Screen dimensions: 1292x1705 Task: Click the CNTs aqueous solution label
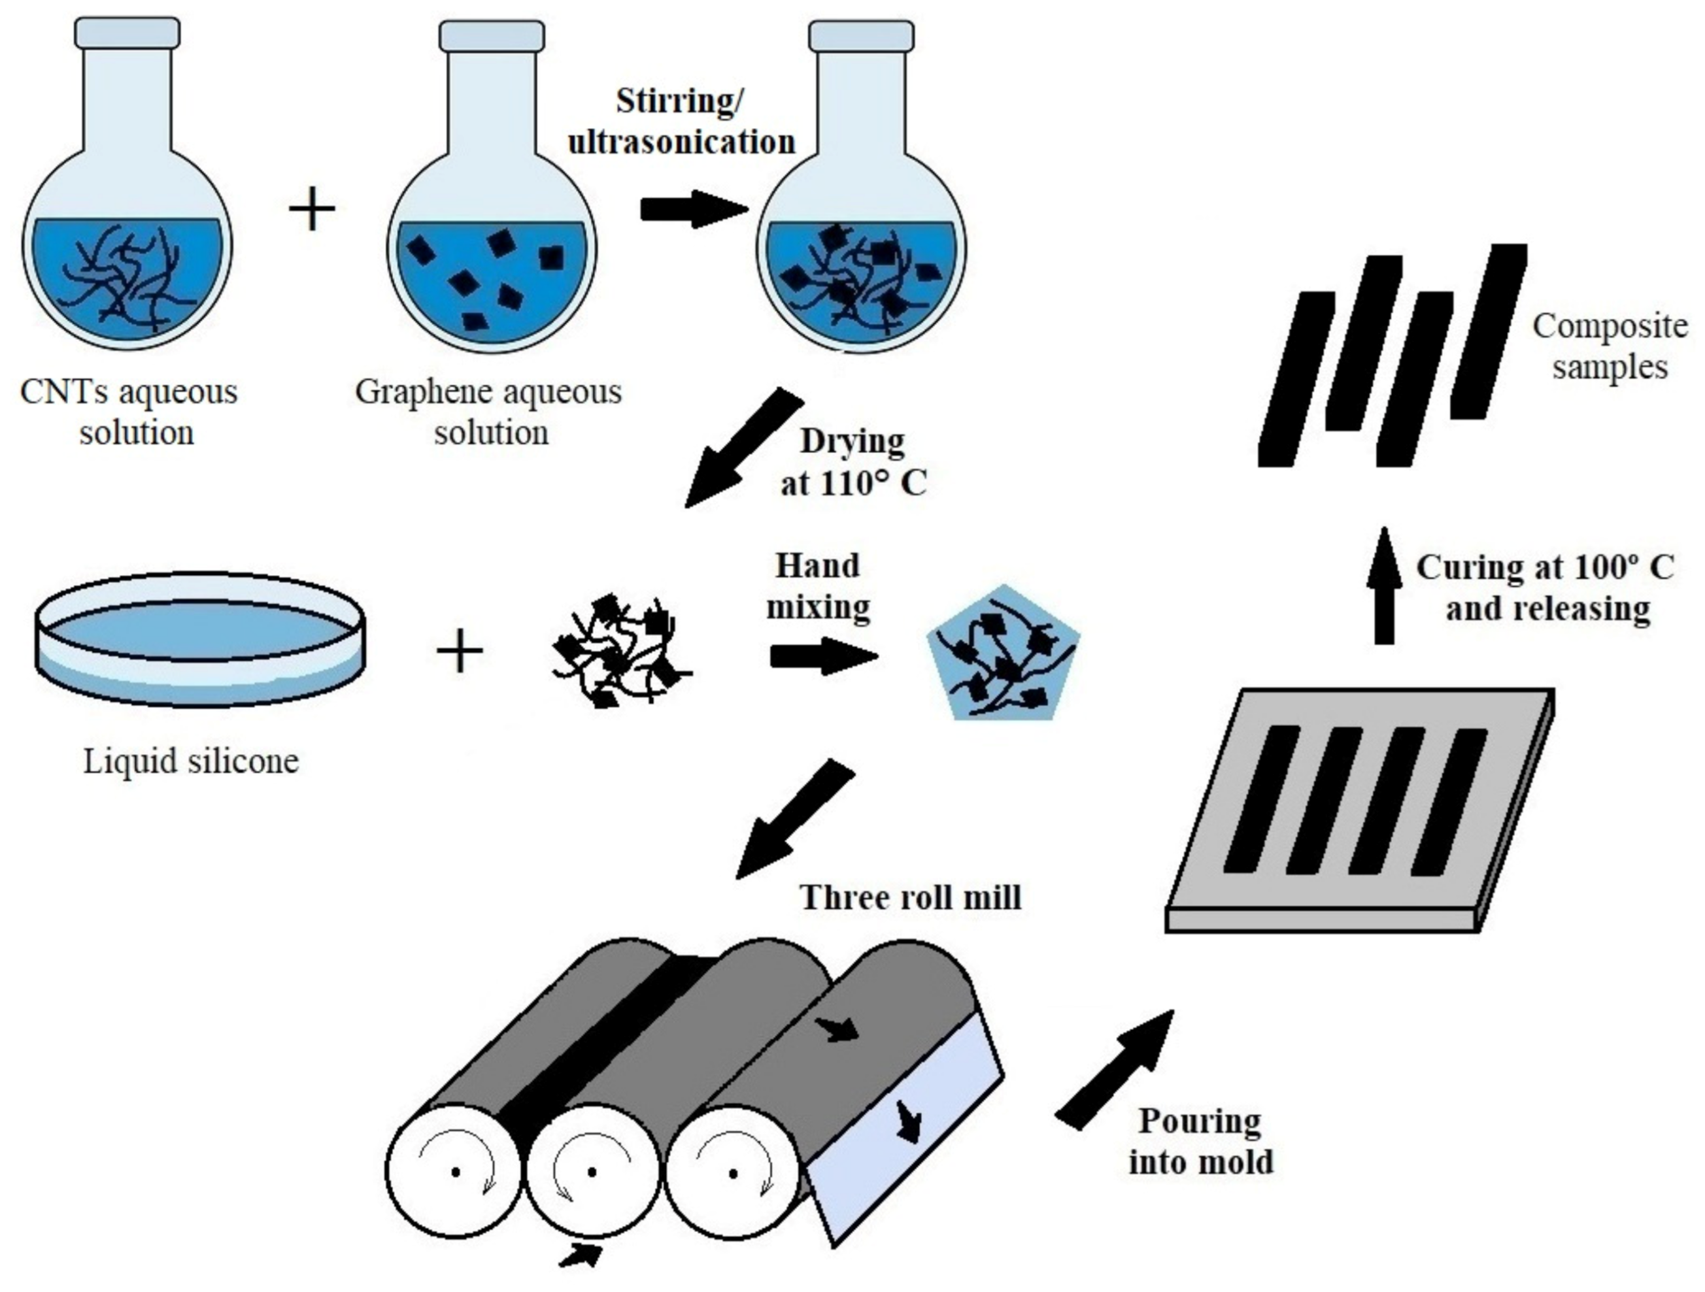pos(129,412)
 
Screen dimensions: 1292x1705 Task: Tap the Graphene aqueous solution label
pos(489,412)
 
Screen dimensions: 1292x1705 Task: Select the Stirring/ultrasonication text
pos(682,122)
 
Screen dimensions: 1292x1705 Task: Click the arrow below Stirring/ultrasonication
pos(693,210)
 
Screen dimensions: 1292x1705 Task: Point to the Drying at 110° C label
pos(853,462)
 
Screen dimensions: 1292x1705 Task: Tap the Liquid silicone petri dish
pos(201,639)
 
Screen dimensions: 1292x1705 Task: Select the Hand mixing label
pos(818,586)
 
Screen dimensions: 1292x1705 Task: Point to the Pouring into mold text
pos(1200,1142)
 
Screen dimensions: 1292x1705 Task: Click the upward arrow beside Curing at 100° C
pos(1385,586)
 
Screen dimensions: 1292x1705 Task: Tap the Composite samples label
pos(1610,346)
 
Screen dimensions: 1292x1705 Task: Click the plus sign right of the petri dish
pos(460,651)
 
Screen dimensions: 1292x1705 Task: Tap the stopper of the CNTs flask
pos(127,33)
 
